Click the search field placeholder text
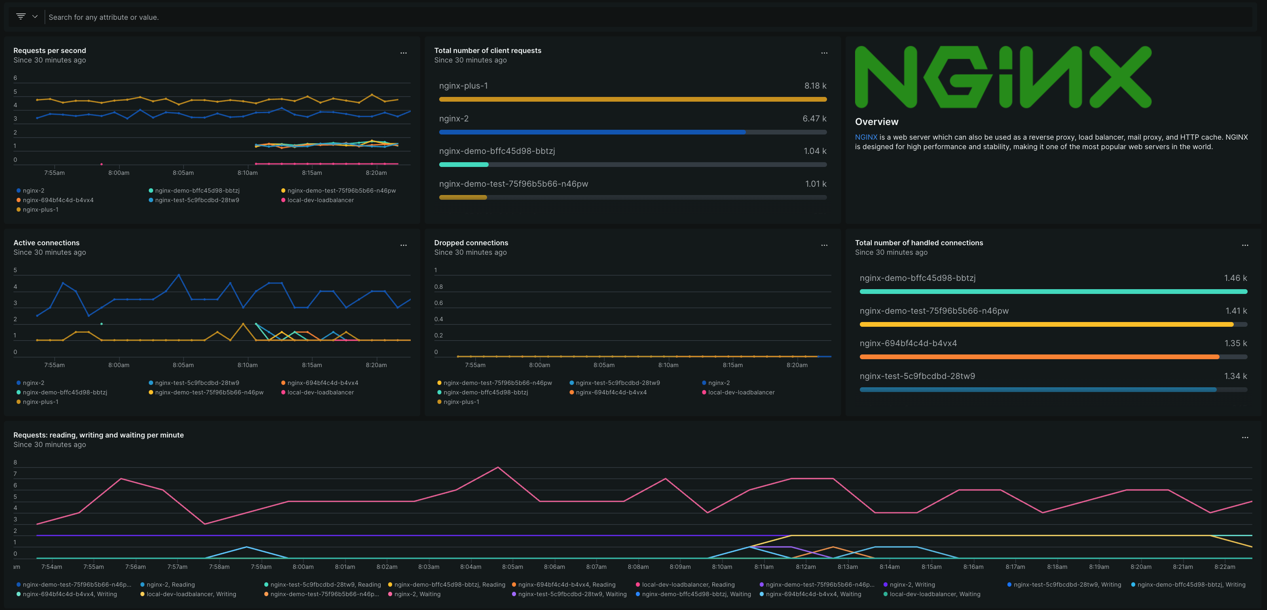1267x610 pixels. (x=103, y=17)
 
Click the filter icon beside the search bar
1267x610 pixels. (x=21, y=16)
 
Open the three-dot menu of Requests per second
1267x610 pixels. (x=403, y=53)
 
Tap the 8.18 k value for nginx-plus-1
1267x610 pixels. (x=815, y=85)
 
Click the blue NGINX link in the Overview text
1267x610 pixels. (x=866, y=137)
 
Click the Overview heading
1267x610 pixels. (x=876, y=121)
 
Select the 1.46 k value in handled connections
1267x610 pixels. (x=1235, y=278)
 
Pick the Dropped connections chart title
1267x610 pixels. (x=471, y=243)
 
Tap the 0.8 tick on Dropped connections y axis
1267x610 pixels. (x=438, y=286)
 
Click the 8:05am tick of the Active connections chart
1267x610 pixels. (x=183, y=365)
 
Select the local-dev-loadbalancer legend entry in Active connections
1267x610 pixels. (x=320, y=392)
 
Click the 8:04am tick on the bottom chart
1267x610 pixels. (x=471, y=567)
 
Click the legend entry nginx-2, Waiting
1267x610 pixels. (x=417, y=594)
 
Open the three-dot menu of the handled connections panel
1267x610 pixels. (x=1245, y=245)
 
